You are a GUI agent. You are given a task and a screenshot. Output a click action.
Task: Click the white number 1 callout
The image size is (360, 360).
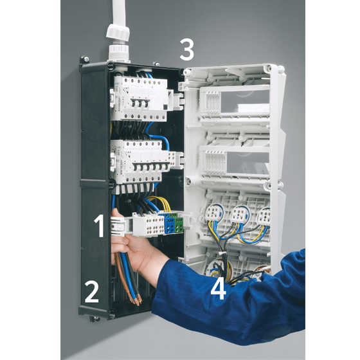coord(100,226)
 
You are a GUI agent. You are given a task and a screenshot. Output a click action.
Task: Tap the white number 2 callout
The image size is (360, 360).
coord(92,292)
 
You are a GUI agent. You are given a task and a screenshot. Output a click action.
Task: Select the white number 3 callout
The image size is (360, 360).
coord(186,50)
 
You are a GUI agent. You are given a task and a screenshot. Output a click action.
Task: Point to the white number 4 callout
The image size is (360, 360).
coord(218,288)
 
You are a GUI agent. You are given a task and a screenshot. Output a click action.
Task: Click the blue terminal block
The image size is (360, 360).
coord(170,224)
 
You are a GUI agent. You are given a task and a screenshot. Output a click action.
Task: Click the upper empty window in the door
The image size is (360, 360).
coord(245,101)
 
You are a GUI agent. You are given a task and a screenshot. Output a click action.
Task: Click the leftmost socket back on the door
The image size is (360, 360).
coord(213,214)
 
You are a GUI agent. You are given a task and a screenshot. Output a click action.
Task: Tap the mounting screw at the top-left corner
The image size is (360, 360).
coord(86,59)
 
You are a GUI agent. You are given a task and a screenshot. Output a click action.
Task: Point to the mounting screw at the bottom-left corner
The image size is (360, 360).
coord(94,318)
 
